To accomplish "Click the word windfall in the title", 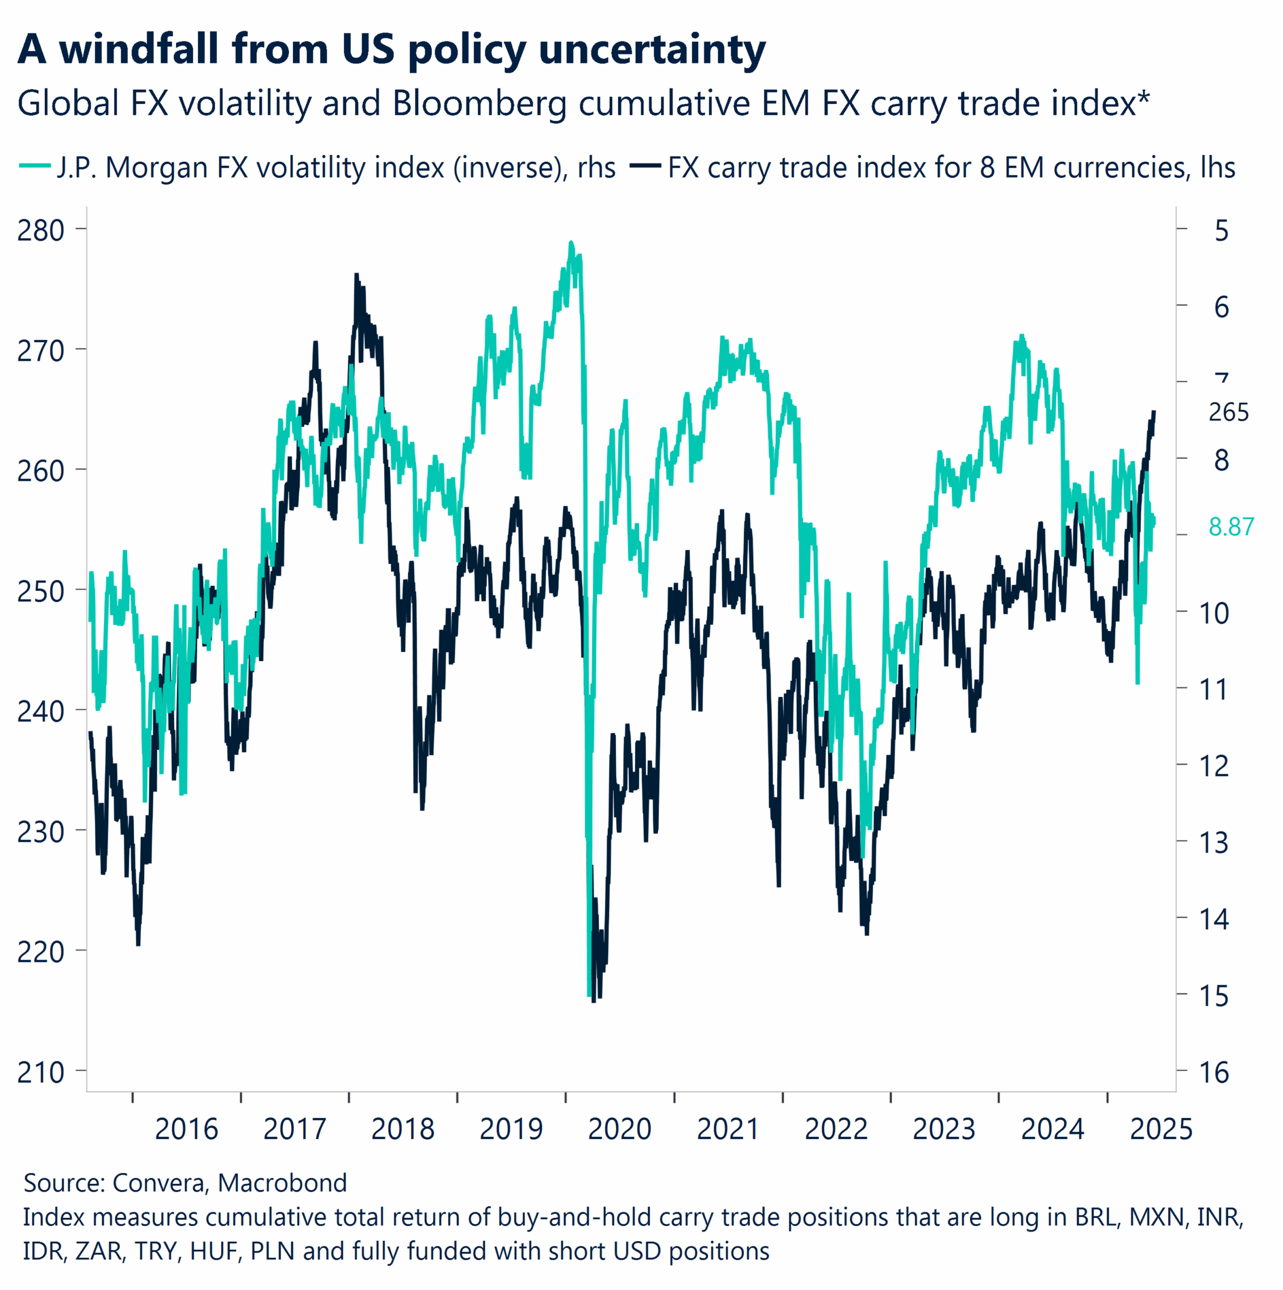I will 139,49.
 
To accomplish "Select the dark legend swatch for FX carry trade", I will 645,166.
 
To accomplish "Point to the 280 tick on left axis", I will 41,230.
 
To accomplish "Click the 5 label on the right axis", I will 1221,230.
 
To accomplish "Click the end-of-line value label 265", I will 1228,413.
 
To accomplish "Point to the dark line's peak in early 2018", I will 357,275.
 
